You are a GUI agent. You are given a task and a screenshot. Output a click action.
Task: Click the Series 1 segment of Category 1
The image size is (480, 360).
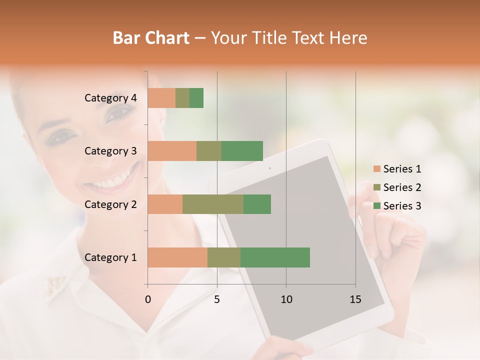tap(177, 257)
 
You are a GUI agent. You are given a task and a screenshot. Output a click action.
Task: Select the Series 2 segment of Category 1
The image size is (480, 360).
tap(224, 257)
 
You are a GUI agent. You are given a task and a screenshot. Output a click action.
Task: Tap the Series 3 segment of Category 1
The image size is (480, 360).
tap(275, 257)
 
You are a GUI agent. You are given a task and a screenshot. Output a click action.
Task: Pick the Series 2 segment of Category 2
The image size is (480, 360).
tap(213, 204)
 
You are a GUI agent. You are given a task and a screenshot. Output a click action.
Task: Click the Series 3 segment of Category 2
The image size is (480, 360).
tap(257, 204)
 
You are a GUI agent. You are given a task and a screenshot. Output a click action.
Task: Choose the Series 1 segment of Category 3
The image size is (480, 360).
tap(172, 151)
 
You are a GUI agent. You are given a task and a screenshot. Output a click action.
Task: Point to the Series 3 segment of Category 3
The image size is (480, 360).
tap(242, 151)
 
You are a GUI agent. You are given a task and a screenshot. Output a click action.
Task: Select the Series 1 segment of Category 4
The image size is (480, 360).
tap(161, 98)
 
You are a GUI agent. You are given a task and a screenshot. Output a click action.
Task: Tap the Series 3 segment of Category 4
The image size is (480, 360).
tap(196, 98)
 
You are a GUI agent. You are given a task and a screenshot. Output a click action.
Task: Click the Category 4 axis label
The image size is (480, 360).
tap(110, 98)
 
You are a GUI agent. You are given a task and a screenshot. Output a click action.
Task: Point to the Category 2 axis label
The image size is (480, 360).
tap(110, 204)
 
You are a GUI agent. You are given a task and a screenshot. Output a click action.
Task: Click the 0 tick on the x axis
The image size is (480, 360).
tap(148, 299)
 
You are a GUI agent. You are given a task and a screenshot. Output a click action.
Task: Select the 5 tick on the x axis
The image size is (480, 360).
tap(217, 299)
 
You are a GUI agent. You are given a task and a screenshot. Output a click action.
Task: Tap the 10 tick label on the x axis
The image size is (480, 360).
tap(286, 299)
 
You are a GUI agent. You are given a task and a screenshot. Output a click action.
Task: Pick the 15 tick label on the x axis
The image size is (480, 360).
tap(355, 299)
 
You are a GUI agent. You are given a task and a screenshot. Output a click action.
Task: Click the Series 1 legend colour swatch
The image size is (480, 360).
tap(376, 169)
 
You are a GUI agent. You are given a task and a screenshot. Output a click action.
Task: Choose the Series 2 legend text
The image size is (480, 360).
tap(402, 187)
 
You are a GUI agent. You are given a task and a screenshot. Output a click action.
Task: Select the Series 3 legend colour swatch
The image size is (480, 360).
tap(376, 206)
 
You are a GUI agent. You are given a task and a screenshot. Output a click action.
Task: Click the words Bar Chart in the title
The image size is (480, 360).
tap(151, 37)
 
